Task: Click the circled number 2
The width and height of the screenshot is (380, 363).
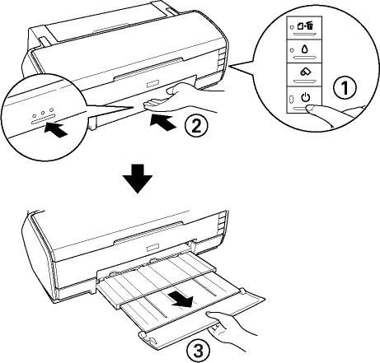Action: pos(196,126)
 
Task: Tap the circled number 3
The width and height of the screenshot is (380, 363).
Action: pos(199,351)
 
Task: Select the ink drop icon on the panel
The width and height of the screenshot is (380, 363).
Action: pos(305,49)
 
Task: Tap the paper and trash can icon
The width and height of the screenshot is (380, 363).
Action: pos(305,26)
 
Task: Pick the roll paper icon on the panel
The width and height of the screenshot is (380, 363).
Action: pos(305,72)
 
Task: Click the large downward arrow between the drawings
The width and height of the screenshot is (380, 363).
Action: pos(138,179)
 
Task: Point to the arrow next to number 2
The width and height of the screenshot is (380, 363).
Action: pos(163,124)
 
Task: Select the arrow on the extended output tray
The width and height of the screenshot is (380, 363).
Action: pos(182,300)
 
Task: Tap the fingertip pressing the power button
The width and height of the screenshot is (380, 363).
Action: pos(313,109)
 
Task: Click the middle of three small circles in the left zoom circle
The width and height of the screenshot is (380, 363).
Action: pos(43,113)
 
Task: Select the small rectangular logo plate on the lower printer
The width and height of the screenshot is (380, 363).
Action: pos(152,249)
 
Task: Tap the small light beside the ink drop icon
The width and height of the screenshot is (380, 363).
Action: pos(292,50)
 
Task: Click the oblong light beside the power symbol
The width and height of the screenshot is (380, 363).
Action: pos(292,99)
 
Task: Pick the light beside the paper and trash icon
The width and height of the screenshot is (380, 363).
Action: pos(292,27)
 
